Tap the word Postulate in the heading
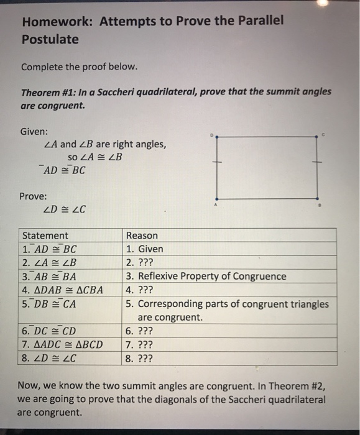(50, 39)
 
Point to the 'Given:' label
(34, 132)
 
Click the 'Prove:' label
(34, 196)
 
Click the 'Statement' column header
(45, 236)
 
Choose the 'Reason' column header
(142, 236)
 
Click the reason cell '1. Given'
(144, 249)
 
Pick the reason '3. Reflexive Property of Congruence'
(206, 276)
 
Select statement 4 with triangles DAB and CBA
(62, 290)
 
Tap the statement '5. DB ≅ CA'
(51, 304)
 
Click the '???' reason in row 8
(144, 358)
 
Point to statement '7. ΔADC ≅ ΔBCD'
(62, 344)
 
